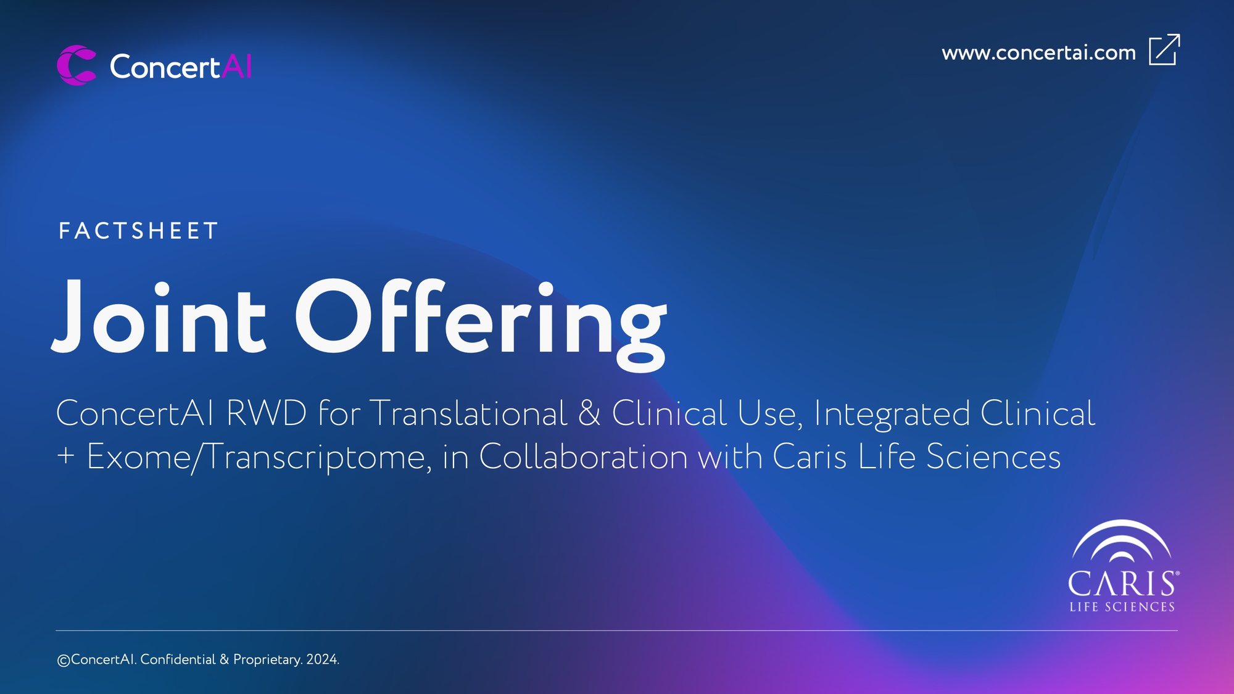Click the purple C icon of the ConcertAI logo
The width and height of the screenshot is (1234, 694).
click(76, 65)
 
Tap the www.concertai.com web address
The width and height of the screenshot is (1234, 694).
click(1038, 53)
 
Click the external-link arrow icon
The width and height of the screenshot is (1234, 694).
click(1164, 49)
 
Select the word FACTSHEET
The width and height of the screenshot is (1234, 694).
click(138, 231)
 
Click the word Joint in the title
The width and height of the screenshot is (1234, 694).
click(159, 316)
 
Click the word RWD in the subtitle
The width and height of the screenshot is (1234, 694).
click(267, 413)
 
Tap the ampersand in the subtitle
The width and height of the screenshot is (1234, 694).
click(589, 413)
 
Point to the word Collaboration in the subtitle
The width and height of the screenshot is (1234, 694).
click(583, 457)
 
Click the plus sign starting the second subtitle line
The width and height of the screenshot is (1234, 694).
click(65, 456)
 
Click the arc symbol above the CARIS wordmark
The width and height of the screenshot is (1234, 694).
click(1121, 542)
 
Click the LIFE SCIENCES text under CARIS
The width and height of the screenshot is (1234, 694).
click(1122, 607)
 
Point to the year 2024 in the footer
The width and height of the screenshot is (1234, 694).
click(323, 659)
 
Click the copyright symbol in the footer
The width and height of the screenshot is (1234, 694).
click(64, 661)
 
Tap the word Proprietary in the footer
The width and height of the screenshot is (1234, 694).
click(267, 660)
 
